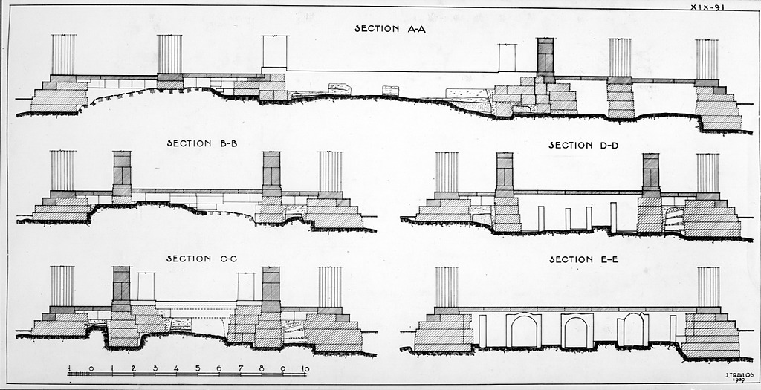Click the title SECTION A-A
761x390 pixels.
tap(384, 29)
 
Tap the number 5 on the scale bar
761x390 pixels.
tap(198, 368)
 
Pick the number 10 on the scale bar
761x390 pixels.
tap(305, 368)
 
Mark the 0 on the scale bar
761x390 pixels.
tap(90, 368)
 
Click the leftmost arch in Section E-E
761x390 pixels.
tap(523, 331)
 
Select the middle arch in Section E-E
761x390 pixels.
tap(577, 331)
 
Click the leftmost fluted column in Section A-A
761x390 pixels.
tap(63, 54)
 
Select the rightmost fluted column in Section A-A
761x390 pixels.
tap(707, 59)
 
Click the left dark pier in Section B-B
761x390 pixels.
tap(122, 171)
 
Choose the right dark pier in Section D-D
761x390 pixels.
tap(650, 172)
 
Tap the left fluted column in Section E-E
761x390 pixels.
tap(447, 287)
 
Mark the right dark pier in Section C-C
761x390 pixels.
tap(271, 286)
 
